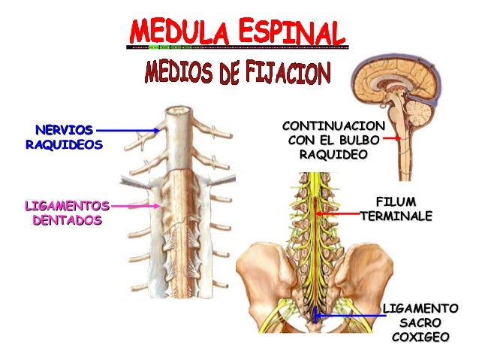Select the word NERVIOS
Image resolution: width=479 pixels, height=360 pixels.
click(x=63, y=130)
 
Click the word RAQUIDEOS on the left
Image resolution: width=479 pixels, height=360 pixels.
click(x=63, y=144)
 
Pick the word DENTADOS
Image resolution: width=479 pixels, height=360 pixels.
click(x=67, y=220)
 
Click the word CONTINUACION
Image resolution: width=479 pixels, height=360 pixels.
click(x=333, y=126)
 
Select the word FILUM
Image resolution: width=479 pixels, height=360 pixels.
click(x=396, y=201)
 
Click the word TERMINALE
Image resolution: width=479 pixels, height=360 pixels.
click(x=396, y=216)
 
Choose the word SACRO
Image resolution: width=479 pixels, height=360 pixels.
click(x=420, y=322)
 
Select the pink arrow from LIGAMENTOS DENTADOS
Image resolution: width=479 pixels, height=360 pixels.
click(x=135, y=204)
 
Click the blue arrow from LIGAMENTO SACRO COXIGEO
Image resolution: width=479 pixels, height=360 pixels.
click(x=349, y=316)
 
